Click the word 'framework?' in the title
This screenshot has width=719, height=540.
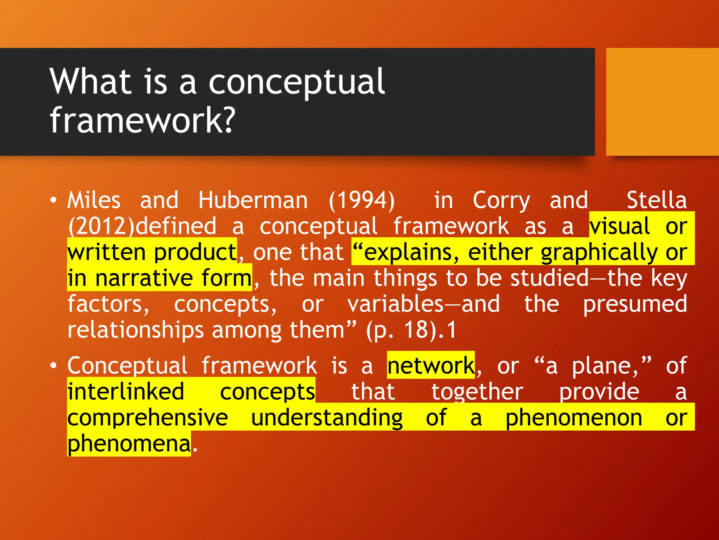click(x=142, y=121)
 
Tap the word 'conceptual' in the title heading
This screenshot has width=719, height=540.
click(x=297, y=82)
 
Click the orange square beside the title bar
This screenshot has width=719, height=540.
click(x=662, y=102)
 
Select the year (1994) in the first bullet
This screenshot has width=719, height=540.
click(x=362, y=200)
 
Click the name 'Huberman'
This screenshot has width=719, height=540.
click(x=253, y=200)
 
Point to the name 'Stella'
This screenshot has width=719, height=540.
click(x=656, y=200)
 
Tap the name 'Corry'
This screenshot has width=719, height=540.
click(x=501, y=200)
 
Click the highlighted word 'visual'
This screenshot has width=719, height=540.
click(x=620, y=226)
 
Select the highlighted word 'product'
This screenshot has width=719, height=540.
click(x=195, y=252)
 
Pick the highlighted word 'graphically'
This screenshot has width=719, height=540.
click(x=599, y=252)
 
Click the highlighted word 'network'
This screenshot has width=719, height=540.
click(x=431, y=366)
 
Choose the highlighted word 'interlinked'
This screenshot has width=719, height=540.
click(x=126, y=392)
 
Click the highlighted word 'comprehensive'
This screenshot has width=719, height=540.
click(x=147, y=418)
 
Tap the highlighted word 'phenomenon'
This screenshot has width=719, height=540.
click(x=574, y=418)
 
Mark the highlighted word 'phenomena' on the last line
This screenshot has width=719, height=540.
click(x=129, y=444)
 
